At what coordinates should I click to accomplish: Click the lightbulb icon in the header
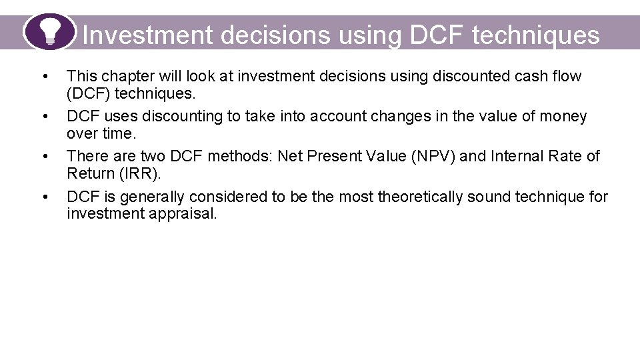(50, 31)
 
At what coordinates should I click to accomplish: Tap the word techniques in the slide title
(535, 35)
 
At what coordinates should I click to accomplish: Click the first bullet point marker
(45, 77)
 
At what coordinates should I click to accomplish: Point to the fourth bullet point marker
(45, 197)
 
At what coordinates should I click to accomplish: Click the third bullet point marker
(45, 157)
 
